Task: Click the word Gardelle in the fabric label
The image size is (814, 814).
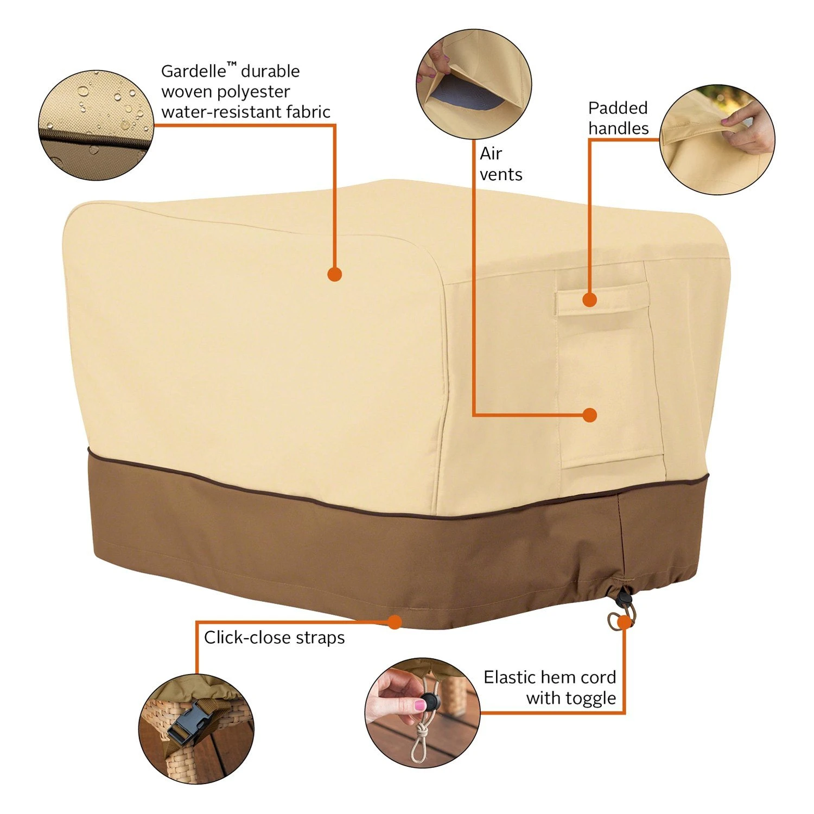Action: click(193, 71)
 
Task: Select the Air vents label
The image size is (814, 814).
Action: click(501, 164)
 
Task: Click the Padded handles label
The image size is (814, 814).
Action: click(619, 118)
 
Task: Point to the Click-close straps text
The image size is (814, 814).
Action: click(275, 638)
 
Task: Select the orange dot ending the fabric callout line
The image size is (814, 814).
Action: click(335, 274)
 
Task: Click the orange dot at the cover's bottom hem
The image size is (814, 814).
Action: click(395, 622)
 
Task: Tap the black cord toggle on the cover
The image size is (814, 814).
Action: click(622, 600)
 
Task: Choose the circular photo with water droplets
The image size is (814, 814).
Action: click(96, 124)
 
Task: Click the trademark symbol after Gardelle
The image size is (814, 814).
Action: click(232, 65)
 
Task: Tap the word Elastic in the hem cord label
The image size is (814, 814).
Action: click(509, 677)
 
